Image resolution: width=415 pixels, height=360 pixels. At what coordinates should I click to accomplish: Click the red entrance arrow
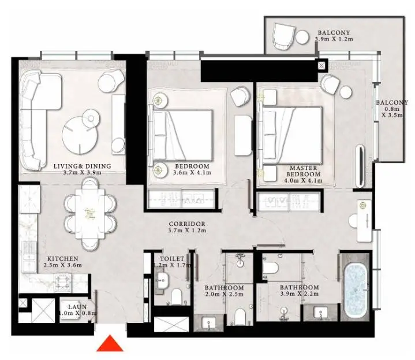(x=110, y=344)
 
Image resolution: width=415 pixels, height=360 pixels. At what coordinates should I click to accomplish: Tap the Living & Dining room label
(x=83, y=166)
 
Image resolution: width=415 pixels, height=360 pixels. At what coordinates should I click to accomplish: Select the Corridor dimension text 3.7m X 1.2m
(x=187, y=231)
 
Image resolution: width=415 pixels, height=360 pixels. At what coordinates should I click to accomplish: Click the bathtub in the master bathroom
(x=355, y=287)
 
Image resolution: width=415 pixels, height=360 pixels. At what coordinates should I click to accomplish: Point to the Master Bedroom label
(x=303, y=171)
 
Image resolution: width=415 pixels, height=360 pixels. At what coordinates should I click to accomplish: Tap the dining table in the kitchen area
(x=90, y=213)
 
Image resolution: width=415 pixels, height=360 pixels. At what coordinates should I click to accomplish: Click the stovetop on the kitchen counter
(x=63, y=283)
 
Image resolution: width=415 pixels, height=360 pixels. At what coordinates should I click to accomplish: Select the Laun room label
(x=77, y=307)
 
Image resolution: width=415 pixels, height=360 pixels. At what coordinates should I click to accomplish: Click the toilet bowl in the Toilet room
(x=177, y=296)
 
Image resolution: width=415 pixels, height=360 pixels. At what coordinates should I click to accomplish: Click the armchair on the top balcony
(x=283, y=36)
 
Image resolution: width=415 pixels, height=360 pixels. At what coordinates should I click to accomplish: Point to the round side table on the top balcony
(x=302, y=37)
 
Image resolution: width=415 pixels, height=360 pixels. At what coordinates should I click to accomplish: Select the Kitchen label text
(x=63, y=258)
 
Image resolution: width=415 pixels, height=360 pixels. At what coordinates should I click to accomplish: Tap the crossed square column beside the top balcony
(x=321, y=65)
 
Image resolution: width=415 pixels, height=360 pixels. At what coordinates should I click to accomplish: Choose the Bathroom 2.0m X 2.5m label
(x=224, y=291)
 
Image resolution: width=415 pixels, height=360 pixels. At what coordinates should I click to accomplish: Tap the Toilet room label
(x=172, y=258)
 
